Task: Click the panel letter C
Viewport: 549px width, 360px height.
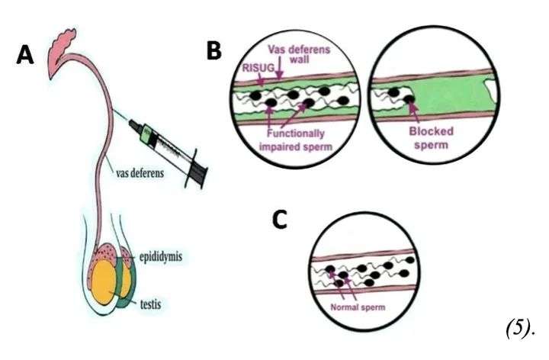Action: click(280, 219)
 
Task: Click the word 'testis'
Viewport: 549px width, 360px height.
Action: click(155, 304)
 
